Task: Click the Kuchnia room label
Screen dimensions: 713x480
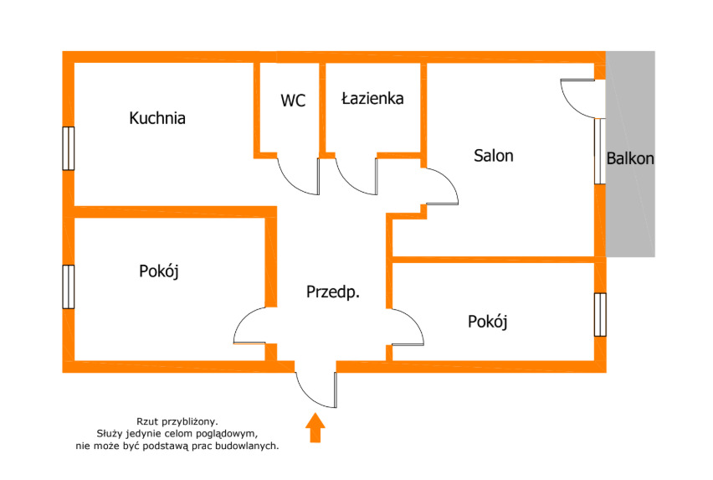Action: [x=157, y=118]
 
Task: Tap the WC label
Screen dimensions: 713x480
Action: [x=293, y=101]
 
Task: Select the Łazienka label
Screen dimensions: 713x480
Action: [x=372, y=98]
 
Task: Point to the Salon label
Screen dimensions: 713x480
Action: [x=494, y=156]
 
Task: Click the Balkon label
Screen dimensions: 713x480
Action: [x=630, y=158]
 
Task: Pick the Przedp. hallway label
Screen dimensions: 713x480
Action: [x=333, y=292]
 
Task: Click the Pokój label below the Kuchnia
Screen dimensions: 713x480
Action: [x=159, y=271]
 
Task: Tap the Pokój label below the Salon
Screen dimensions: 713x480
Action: [x=487, y=322]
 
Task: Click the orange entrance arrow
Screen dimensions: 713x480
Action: [x=315, y=427]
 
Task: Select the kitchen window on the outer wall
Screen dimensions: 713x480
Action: [x=69, y=148]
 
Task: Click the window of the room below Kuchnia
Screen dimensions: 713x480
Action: [x=69, y=286]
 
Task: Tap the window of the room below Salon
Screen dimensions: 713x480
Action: [x=600, y=314]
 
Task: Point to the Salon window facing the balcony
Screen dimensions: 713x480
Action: [x=600, y=151]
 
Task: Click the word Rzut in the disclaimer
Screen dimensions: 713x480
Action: [x=147, y=421]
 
